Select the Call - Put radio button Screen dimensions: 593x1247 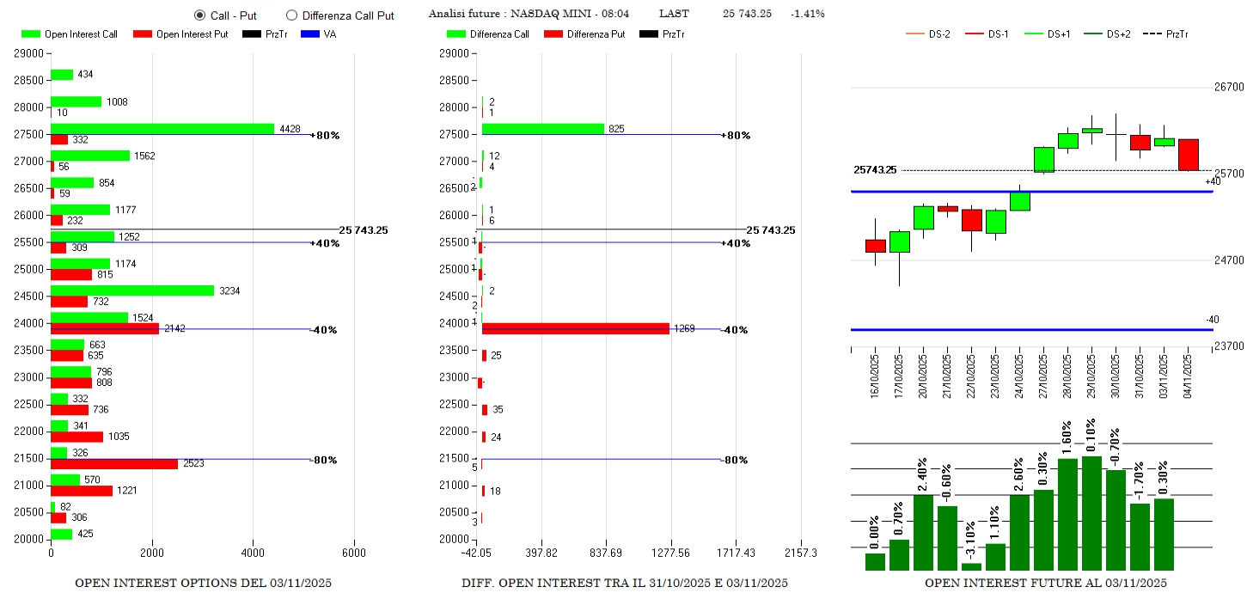click(200, 15)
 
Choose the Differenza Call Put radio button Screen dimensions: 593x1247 click(291, 15)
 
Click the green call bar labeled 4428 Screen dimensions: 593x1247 click(162, 129)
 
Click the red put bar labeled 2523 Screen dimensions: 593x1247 click(114, 464)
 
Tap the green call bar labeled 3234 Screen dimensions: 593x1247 click(132, 290)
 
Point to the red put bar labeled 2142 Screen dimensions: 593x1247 click(105, 328)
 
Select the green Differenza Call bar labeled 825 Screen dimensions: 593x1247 click(543, 129)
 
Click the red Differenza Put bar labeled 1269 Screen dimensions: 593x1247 click(576, 328)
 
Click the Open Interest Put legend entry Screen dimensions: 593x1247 click(180, 34)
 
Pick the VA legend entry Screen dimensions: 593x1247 click(329, 34)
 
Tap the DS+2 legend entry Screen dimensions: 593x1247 click(1118, 34)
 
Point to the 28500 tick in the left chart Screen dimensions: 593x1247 click(29, 81)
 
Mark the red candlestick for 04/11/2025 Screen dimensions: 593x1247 click(1188, 155)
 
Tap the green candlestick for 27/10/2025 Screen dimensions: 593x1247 click(1043, 160)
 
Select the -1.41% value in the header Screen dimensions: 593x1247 click(807, 14)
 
